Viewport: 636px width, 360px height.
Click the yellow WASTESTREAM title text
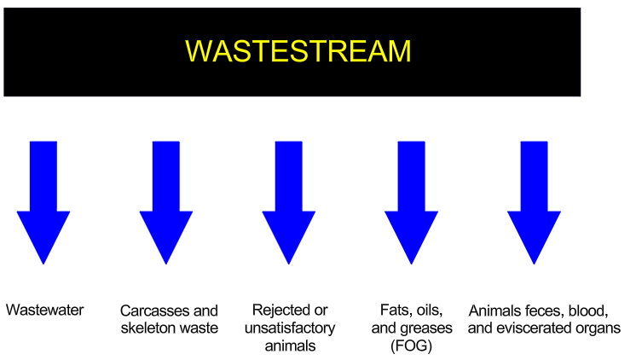298,51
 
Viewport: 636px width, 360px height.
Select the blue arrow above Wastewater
43,202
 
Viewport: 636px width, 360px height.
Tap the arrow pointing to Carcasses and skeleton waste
166,202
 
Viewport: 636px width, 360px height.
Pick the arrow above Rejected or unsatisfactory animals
289,202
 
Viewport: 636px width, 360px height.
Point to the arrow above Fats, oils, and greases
411,202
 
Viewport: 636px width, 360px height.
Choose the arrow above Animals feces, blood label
535,202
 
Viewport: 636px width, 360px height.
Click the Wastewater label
44,310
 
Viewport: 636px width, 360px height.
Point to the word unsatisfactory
290,328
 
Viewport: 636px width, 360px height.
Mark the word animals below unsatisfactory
290,345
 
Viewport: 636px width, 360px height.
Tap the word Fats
393,310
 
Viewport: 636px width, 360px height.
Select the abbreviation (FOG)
411,345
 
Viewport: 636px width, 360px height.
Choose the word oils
427,310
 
